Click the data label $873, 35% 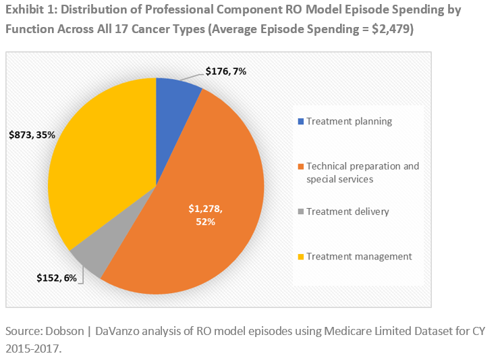pos(32,135)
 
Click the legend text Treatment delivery pos(347,211)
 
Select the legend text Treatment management pos(358,257)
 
